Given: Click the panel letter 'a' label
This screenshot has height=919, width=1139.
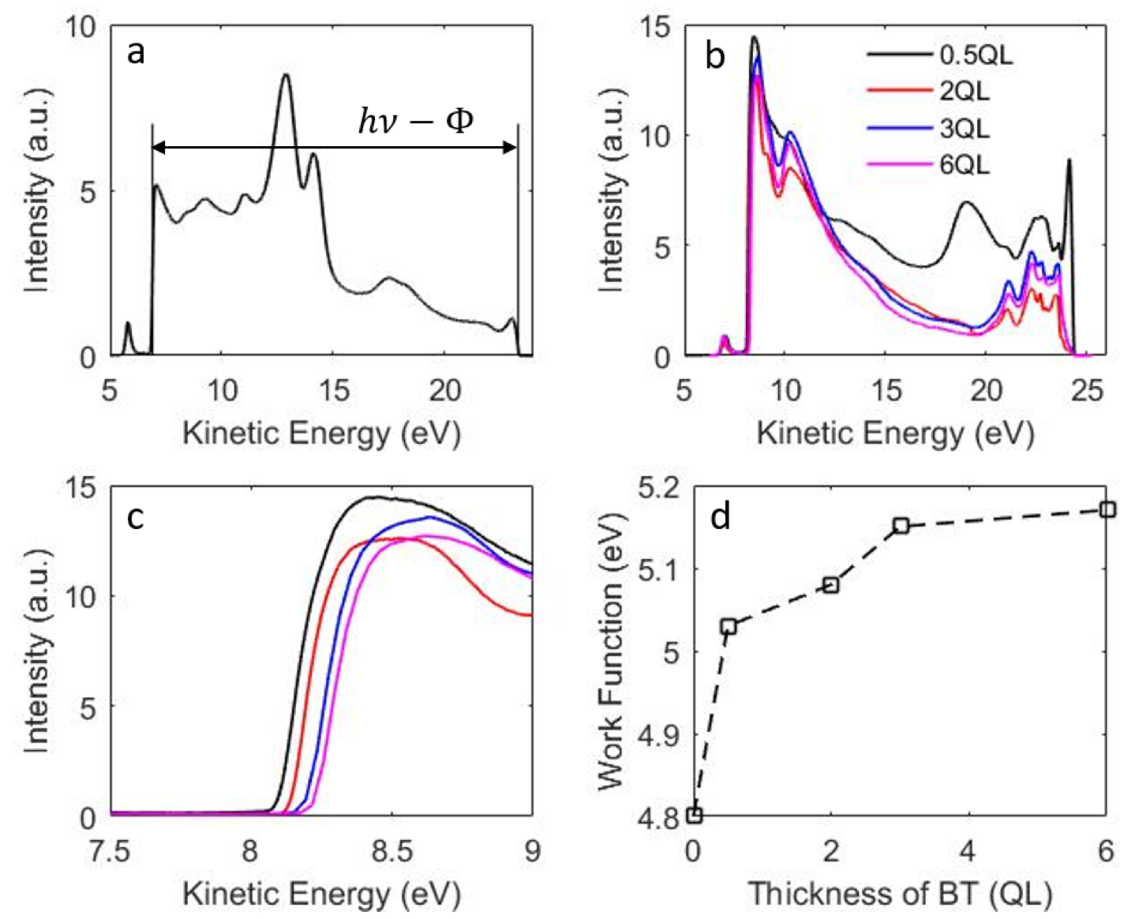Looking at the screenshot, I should [136, 53].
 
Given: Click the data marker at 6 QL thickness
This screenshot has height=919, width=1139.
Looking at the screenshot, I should [1107, 509].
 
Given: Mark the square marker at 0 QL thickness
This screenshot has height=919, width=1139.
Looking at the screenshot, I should [695, 815].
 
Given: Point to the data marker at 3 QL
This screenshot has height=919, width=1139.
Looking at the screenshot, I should [901, 525].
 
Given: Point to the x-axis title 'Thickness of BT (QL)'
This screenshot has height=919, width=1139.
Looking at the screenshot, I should [899, 895].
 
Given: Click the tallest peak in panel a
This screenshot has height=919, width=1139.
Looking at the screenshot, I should [286, 76].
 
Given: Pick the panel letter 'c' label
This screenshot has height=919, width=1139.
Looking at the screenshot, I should [136, 517].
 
